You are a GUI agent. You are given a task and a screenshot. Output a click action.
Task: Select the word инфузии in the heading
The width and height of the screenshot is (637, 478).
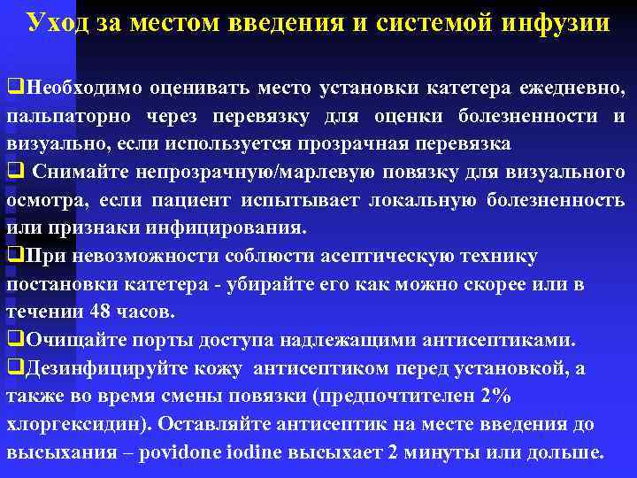(x=556, y=22)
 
